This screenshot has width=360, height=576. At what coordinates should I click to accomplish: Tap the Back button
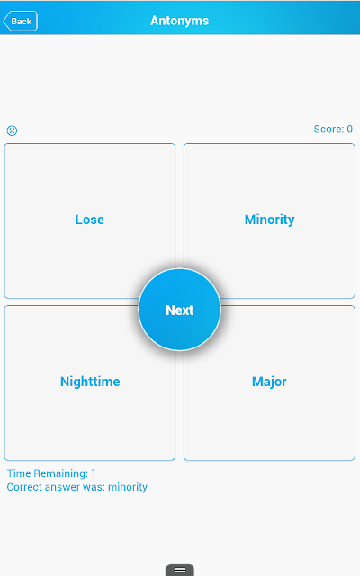(x=20, y=21)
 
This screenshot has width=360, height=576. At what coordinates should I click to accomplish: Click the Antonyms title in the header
(x=180, y=21)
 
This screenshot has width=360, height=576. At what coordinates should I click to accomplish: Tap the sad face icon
(x=12, y=130)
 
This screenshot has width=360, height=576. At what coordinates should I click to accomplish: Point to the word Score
(x=328, y=129)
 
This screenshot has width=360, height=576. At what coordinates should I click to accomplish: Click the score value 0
(x=350, y=129)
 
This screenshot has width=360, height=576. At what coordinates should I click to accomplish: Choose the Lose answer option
(x=90, y=220)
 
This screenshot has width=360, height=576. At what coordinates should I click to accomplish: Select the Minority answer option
(x=269, y=220)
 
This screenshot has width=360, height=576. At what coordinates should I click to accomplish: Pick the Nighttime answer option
(x=90, y=382)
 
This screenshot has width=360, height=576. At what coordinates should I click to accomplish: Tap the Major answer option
(x=269, y=382)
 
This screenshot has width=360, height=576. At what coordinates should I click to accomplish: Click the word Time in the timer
(x=18, y=473)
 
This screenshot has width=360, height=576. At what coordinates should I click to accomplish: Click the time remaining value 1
(x=94, y=473)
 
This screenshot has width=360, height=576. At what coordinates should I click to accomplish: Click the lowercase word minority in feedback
(x=128, y=487)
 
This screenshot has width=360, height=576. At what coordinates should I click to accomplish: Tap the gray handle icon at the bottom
(x=180, y=570)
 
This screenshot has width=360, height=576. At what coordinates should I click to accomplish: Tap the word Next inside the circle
(x=180, y=310)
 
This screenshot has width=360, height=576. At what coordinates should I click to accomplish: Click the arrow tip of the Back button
(x=4, y=21)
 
